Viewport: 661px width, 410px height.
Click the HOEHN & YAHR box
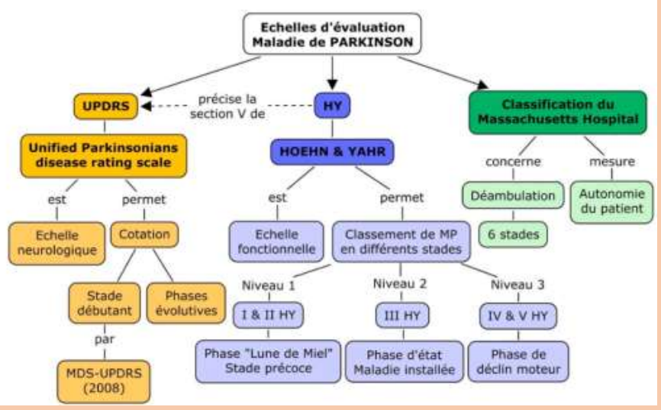332,152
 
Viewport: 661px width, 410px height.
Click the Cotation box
144,235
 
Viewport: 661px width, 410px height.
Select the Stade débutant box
103,303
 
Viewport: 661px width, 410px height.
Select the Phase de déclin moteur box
518,360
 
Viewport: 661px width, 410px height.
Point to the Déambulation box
514,196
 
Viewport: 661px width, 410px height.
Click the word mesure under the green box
611,162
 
